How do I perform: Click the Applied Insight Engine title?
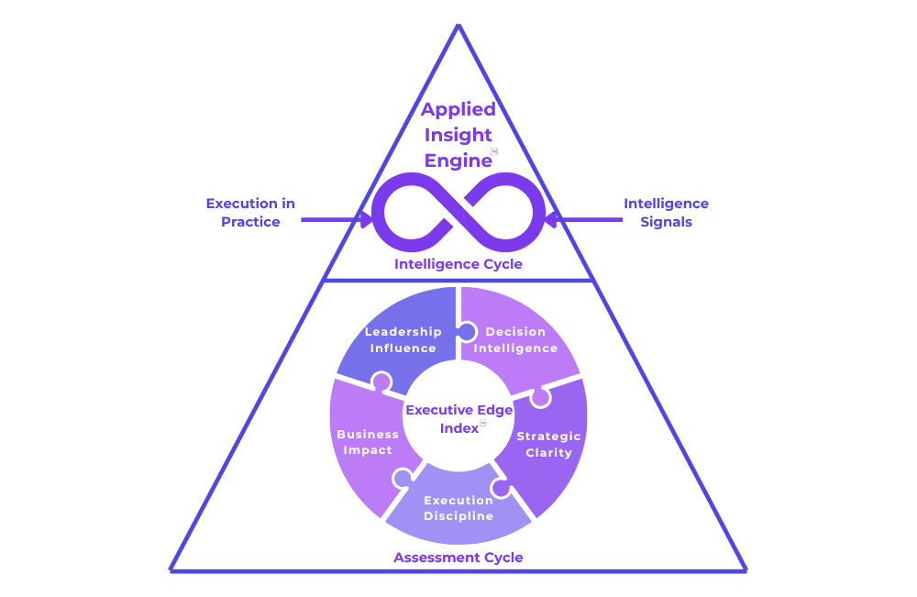coord(458,135)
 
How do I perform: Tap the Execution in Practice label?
coord(250,212)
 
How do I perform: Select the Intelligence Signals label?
coord(666,212)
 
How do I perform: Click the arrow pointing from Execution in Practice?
coord(336,220)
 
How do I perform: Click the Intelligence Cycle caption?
coord(458,264)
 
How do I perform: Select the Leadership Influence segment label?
coord(403,339)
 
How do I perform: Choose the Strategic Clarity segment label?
coord(548,444)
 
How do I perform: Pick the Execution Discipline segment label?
coord(458,508)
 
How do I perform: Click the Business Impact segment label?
coord(368,442)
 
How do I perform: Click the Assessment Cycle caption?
coord(458,557)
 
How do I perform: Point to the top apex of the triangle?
coord(458,27)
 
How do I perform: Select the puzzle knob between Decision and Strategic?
coord(540,397)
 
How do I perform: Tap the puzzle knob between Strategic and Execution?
coord(501,487)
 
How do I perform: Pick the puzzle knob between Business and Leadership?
coord(381,382)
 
